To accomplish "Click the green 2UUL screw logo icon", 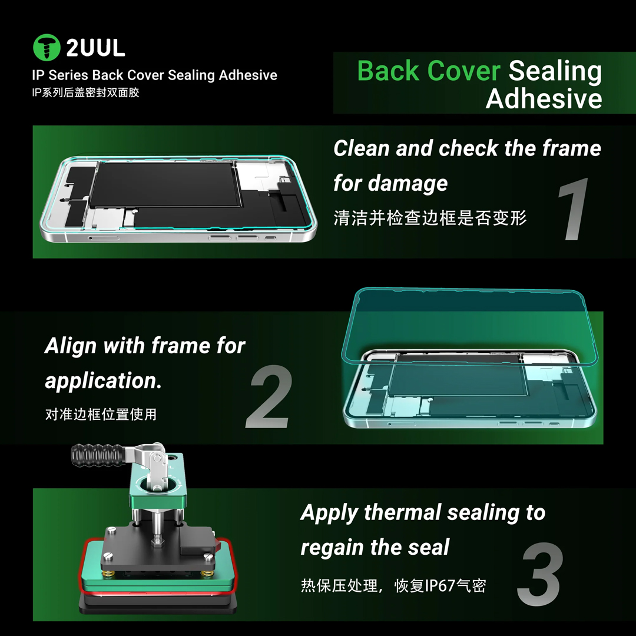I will click(x=47, y=48).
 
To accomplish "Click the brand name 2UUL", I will click(x=95, y=48).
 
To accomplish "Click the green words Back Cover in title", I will click(x=428, y=71).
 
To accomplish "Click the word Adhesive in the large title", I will click(x=544, y=98).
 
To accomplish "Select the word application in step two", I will click(x=103, y=382).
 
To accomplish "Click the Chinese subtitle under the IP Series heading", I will click(x=85, y=92).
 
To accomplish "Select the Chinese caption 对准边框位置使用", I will click(x=101, y=414).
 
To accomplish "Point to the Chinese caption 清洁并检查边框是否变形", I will click(x=430, y=218).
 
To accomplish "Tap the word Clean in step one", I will click(x=362, y=148).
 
